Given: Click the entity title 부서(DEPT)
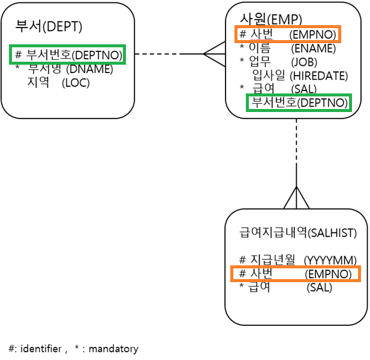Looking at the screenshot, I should [49, 27].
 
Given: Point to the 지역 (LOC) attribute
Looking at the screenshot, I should [58, 82].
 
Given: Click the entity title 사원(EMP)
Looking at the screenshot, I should [271, 19].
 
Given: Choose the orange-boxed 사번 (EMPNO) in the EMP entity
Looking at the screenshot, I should [288, 34].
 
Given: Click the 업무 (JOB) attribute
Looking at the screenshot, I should [284, 62].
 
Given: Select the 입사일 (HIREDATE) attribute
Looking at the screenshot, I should [300, 75].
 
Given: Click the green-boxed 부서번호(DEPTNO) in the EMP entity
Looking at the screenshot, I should [299, 102].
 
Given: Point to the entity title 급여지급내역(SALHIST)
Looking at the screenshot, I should [297, 232].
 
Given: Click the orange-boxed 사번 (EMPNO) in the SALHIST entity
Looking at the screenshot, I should [296, 274].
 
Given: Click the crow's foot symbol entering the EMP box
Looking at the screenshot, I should [214, 54].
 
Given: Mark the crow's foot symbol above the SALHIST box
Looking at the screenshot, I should [297, 198].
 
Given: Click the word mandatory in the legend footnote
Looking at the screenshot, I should [113, 349].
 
